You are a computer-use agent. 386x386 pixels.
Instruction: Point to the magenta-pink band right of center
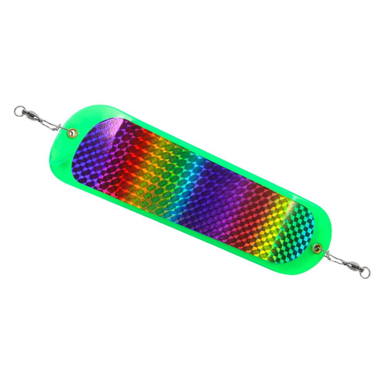click(x=247, y=208)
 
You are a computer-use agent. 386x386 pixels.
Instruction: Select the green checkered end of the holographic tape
click(x=297, y=228)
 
